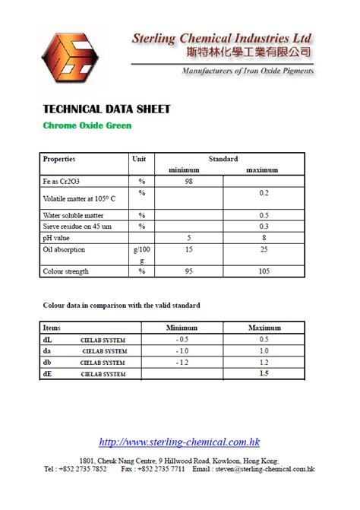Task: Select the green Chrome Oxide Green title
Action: click(87, 125)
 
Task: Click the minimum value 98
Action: click(188, 182)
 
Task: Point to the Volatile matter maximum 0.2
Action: click(264, 194)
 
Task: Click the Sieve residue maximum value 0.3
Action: click(264, 226)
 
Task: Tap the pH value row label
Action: click(57, 237)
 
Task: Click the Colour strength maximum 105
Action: click(264, 271)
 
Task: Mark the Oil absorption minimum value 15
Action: click(188, 249)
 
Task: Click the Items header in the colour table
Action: click(52, 328)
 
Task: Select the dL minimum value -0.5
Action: click(182, 339)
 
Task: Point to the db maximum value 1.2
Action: click(264, 363)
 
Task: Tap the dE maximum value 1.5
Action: click(264, 374)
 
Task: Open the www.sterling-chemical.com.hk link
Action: click(179, 442)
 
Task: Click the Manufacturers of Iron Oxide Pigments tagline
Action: click(247, 71)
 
